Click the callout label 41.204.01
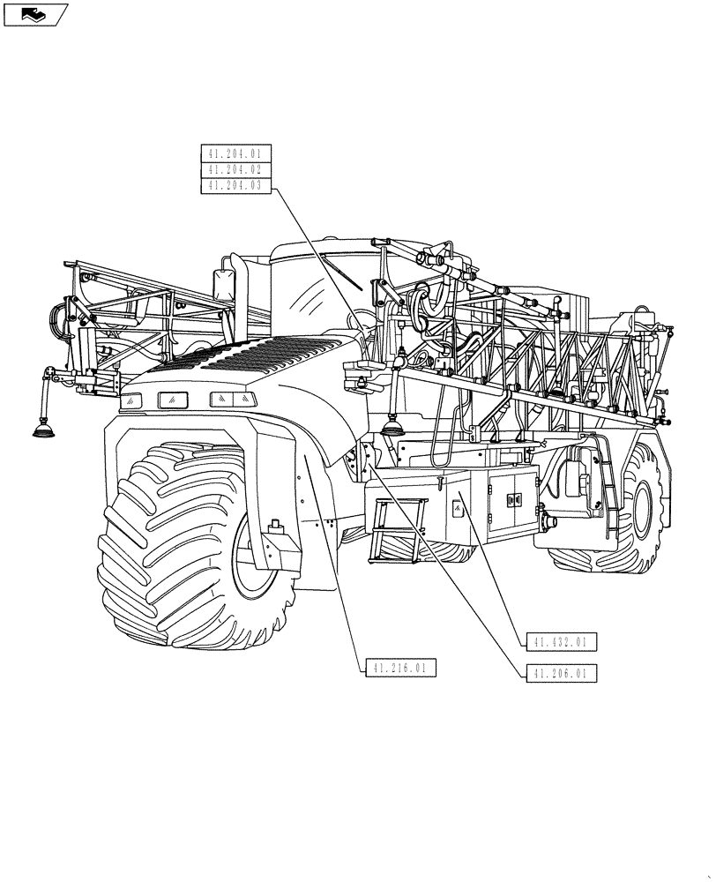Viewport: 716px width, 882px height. pos(236,153)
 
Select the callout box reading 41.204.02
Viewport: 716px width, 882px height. pos(236,168)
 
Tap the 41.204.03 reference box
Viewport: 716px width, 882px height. pos(236,184)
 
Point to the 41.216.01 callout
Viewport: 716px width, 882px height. pos(399,669)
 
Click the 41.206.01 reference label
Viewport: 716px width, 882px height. pos(560,674)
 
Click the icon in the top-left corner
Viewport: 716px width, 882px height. pos(35,14)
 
